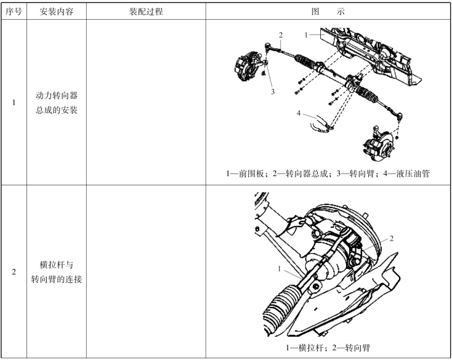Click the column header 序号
pos(14,12)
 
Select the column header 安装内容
pos(57,12)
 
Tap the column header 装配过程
pos(146,12)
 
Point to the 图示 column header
pos(328,12)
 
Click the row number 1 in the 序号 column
pos(14,103)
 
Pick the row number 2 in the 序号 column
pos(14,271)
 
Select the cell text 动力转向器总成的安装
pos(57,103)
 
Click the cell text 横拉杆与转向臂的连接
pos(57,271)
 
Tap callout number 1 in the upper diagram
pos(306,34)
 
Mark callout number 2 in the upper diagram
pos(281,35)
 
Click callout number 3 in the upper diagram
pos(271,92)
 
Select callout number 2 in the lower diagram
pos(391,238)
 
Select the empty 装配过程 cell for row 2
pos(146,271)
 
